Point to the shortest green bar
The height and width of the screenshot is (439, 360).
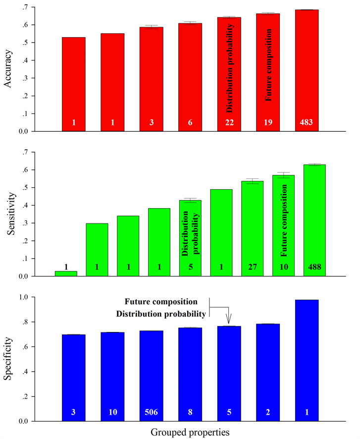coord(66,273)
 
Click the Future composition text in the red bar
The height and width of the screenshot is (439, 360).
coord(268,65)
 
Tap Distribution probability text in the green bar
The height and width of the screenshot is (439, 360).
coord(190,232)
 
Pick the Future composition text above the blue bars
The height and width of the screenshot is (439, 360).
coord(161,301)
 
